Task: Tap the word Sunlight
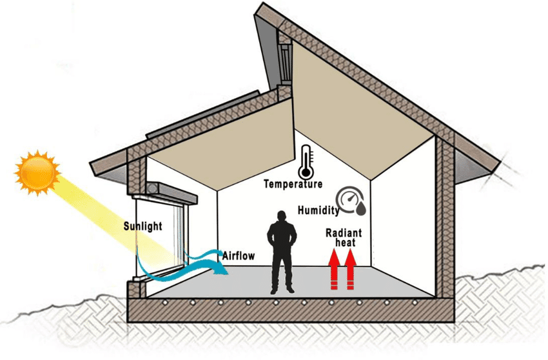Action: (142, 226)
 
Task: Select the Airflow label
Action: (238, 256)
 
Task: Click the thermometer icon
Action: (305, 162)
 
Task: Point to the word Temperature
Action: (293, 185)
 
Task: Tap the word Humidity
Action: (318, 210)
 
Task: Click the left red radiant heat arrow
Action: (334, 271)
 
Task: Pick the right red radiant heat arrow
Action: (351, 271)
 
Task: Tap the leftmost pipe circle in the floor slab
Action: (166, 303)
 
